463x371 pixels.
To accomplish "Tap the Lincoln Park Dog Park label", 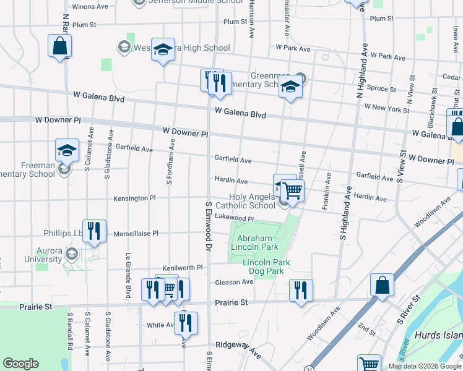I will click(x=266, y=267).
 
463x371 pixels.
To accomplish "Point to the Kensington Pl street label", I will click(x=134, y=198).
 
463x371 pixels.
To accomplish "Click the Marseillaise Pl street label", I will click(x=136, y=234).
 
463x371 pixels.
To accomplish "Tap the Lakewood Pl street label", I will click(x=235, y=218).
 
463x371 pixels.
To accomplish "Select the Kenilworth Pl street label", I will click(x=183, y=268).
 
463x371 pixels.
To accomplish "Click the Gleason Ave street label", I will click(x=234, y=282).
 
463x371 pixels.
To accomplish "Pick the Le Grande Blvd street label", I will click(x=129, y=274).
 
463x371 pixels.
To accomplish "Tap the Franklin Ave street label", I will click(x=326, y=192).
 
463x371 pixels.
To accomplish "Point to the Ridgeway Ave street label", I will click(x=238, y=346).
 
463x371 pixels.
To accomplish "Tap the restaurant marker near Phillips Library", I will click(x=94, y=231).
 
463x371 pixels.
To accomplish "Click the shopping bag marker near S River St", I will click(x=382, y=286).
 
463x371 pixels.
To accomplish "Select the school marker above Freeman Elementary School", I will click(x=67, y=150).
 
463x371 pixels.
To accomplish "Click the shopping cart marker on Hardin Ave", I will click(x=292, y=190).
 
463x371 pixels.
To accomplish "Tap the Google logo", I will click(x=20, y=364).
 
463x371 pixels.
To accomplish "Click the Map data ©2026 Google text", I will click(x=424, y=366).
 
